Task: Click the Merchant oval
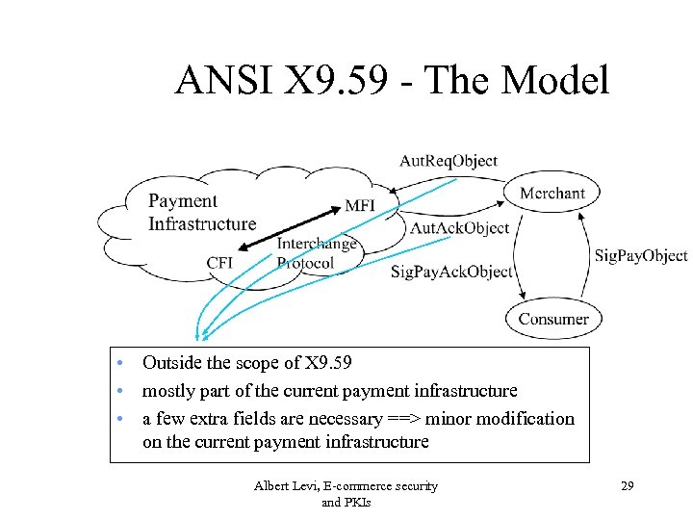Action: (x=552, y=194)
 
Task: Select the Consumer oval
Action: (x=553, y=319)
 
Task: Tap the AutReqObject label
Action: (x=449, y=160)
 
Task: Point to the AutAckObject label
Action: (x=459, y=228)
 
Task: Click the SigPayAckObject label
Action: (x=451, y=272)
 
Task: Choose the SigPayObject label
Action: (x=640, y=255)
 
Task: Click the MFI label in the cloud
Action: (x=359, y=206)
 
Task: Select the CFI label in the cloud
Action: (x=219, y=263)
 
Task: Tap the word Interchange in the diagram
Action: (x=317, y=245)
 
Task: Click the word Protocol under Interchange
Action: (x=305, y=263)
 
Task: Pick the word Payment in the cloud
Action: (x=183, y=201)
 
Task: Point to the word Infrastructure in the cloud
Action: (x=202, y=223)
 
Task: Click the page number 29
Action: (x=627, y=486)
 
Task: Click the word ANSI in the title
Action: (x=218, y=82)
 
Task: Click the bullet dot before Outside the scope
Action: (x=117, y=364)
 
